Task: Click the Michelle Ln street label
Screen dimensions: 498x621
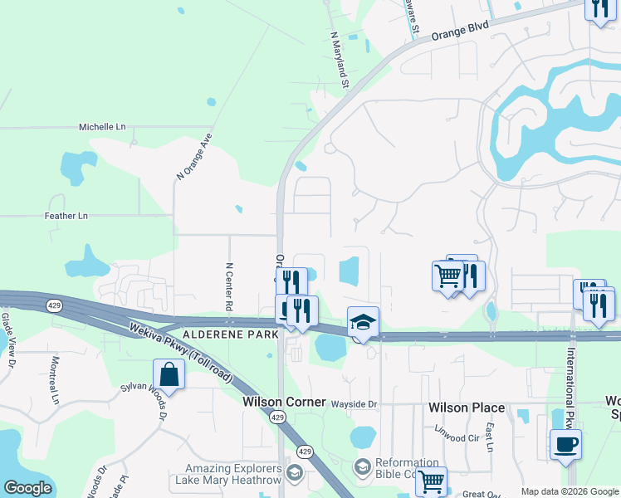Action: [x=102, y=127]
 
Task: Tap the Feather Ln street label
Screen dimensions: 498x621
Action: [x=66, y=216]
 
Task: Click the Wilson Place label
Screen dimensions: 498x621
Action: [x=466, y=408]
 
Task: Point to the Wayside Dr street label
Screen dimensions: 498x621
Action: [x=355, y=404]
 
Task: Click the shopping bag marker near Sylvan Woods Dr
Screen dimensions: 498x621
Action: [x=169, y=374]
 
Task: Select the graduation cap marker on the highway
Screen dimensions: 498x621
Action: [x=363, y=321]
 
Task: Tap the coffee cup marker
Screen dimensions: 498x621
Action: [x=565, y=443]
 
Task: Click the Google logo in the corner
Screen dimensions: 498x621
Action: [x=27, y=488]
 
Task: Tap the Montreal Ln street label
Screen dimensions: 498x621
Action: [x=56, y=380]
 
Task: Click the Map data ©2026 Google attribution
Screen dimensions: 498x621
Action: [x=570, y=491]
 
